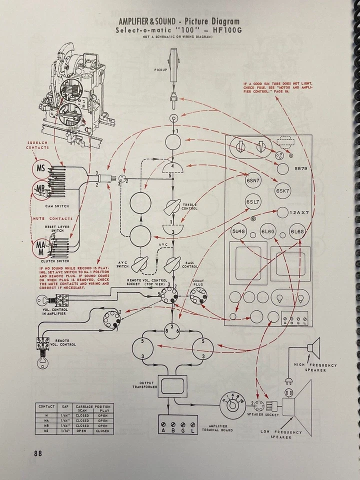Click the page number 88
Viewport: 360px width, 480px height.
37,454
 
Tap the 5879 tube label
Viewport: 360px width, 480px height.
301,169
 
